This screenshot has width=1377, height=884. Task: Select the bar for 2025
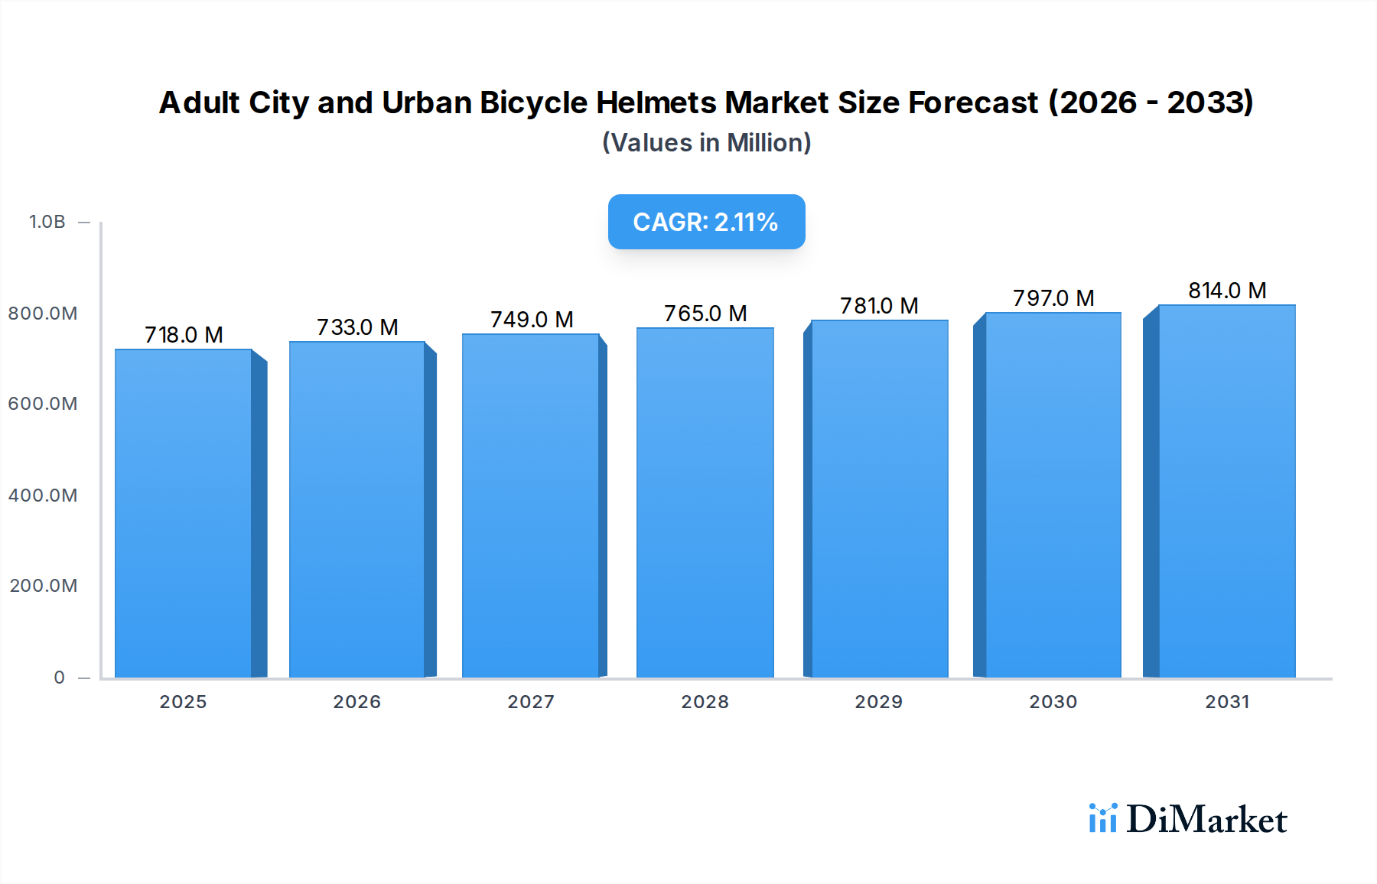click(x=184, y=513)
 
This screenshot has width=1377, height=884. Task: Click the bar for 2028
click(x=705, y=502)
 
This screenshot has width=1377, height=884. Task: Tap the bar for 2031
click(x=1227, y=491)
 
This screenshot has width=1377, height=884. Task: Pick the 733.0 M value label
click(x=357, y=327)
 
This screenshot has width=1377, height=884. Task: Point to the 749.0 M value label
click(x=532, y=320)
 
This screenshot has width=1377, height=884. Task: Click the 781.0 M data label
click(x=879, y=306)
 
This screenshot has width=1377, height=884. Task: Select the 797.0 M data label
click(x=1053, y=298)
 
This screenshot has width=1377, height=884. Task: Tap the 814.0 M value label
click(x=1227, y=291)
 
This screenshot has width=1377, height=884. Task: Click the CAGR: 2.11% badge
click(x=706, y=222)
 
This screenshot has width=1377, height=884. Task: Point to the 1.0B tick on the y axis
click(x=47, y=222)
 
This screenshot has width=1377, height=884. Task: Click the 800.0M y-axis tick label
click(x=43, y=314)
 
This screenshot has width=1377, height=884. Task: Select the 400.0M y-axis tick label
click(x=43, y=496)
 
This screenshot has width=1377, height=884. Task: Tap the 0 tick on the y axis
click(x=60, y=678)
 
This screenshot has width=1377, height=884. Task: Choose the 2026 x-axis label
click(x=357, y=702)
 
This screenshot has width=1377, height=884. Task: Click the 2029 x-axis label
click(x=879, y=702)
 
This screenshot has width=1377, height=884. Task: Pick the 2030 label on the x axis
click(x=1053, y=702)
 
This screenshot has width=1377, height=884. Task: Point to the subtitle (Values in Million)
click(x=706, y=143)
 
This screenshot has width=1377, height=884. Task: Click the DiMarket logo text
click(x=1206, y=820)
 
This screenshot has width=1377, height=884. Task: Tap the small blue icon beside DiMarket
click(x=1102, y=818)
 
